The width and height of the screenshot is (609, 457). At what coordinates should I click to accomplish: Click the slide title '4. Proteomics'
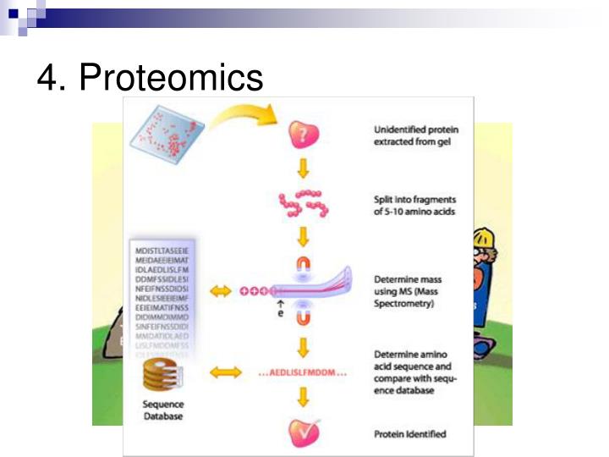coord(150,78)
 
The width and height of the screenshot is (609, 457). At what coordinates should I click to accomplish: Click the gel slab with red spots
coord(168,131)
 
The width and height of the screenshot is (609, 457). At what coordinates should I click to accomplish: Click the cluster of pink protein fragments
coord(303,203)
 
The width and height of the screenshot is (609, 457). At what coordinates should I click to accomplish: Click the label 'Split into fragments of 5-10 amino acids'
coord(414,206)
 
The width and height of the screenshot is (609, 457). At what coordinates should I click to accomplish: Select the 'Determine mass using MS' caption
coord(411,290)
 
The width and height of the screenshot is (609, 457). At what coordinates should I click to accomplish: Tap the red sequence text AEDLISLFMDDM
coord(302,372)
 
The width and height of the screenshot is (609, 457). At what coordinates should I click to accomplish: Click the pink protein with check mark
coord(303,432)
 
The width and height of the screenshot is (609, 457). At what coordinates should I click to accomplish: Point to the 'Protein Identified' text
coord(409,434)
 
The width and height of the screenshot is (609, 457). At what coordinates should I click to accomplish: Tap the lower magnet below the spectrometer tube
coord(303,318)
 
